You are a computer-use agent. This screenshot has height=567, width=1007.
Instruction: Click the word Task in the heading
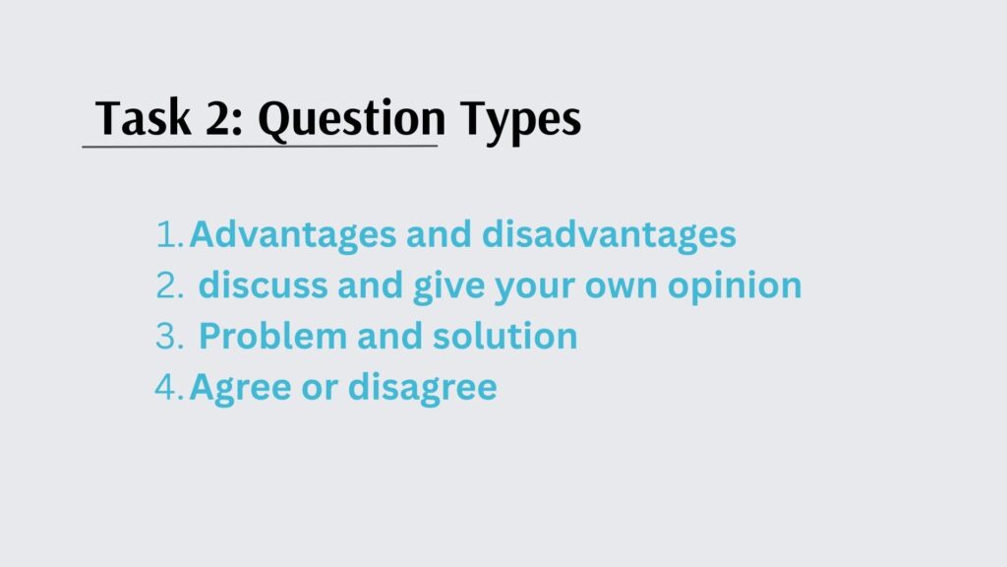(x=144, y=118)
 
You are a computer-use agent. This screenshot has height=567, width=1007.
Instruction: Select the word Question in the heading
(x=352, y=121)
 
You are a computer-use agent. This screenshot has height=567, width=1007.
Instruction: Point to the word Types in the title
(x=520, y=121)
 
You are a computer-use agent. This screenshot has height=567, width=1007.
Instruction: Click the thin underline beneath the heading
(x=260, y=147)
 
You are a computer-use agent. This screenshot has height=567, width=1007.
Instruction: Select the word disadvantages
(x=609, y=234)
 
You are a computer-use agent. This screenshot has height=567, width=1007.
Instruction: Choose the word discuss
(x=264, y=284)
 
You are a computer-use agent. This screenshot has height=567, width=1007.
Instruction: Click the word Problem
(x=273, y=336)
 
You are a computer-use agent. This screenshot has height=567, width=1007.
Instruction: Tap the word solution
(x=504, y=336)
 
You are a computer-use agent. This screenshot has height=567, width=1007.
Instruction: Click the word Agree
(x=240, y=388)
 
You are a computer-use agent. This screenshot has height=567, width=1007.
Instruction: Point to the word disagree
(x=423, y=388)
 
